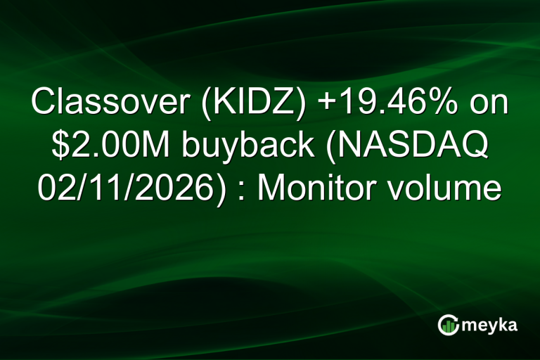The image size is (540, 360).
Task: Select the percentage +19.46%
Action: [375, 104]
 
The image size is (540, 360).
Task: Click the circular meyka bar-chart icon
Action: [448, 325]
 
